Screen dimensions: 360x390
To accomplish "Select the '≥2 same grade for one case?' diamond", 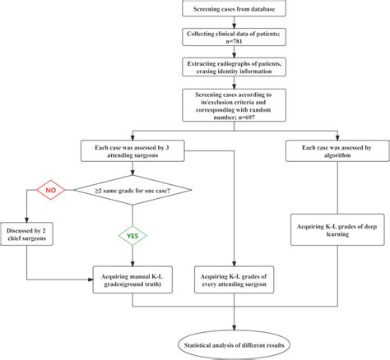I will coord(132,190).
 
